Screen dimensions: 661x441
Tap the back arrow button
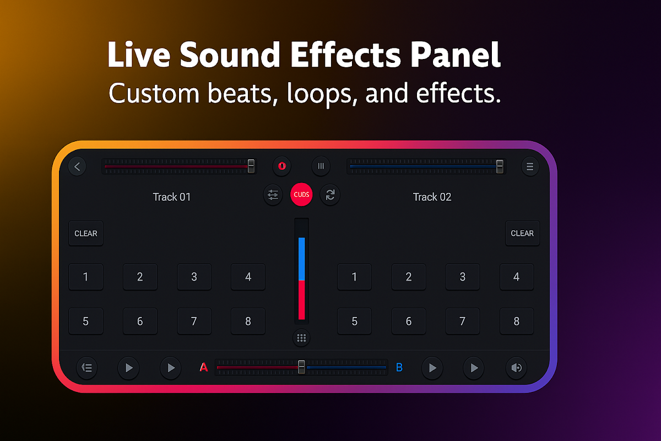coord(77,166)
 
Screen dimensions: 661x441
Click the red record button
coord(282,166)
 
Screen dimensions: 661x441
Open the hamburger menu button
coord(530,166)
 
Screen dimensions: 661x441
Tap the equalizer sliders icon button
coord(273,195)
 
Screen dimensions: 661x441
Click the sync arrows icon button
coord(330,195)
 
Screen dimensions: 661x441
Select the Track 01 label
coord(172,197)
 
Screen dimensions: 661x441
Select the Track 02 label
coord(432,197)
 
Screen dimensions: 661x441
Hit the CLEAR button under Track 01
coord(86,233)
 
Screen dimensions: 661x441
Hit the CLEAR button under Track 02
coord(522,233)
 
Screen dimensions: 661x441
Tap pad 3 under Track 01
coord(194,277)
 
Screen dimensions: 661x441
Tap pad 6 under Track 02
coord(409,321)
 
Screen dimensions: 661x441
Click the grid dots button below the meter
coord(301,338)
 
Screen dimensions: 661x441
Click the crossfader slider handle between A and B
coord(301,367)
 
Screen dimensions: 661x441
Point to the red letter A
coord(204,368)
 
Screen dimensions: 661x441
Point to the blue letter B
coord(399,368)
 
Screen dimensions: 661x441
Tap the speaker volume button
coord(517,368)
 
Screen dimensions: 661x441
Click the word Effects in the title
coord(346,55)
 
